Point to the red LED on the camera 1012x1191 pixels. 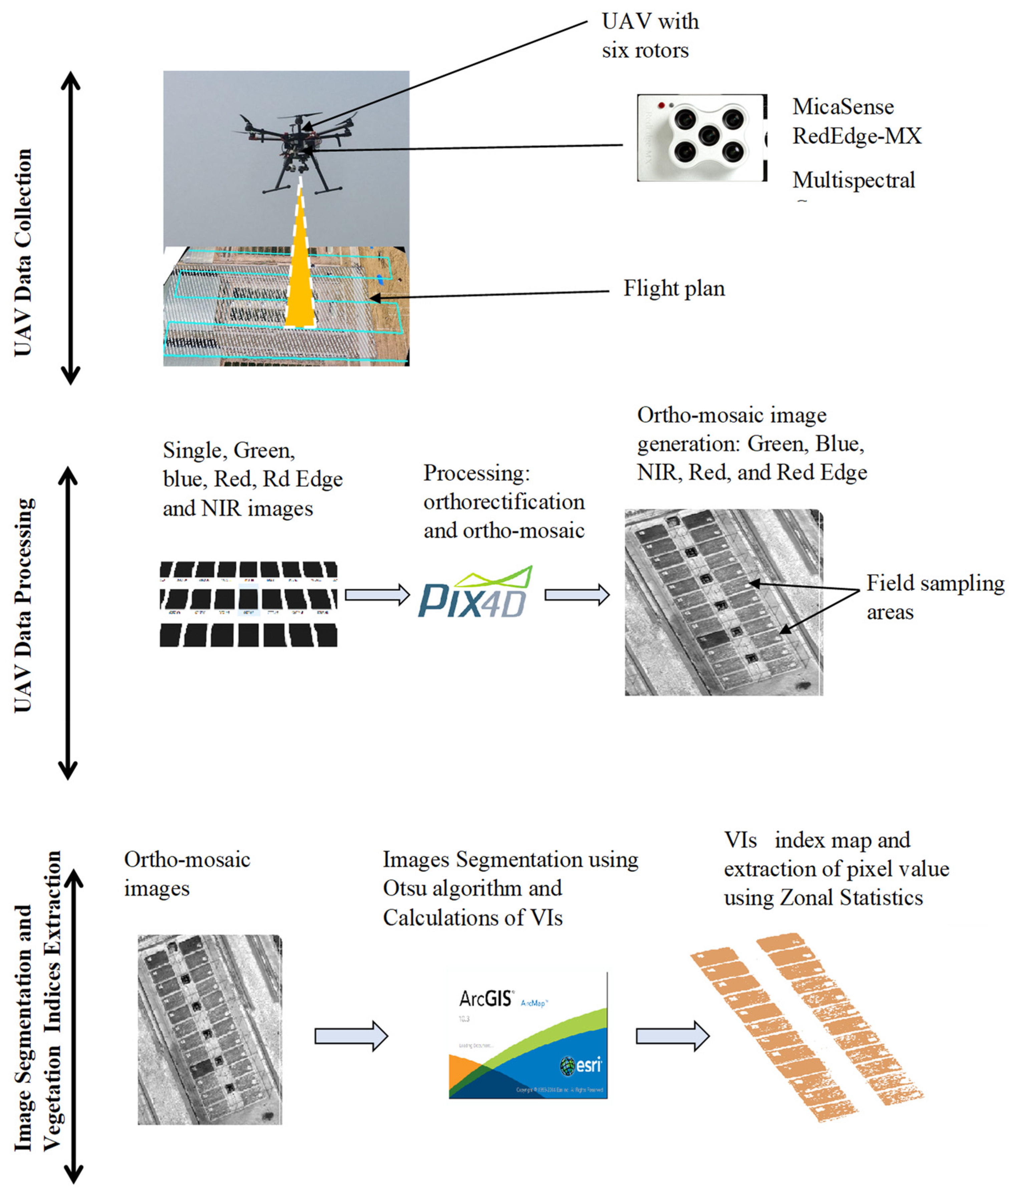tap(661, 105)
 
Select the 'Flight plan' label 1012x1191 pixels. tap(674, 288)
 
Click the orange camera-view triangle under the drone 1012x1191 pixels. tap(300, 281)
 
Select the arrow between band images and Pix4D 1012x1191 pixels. tap(377, 594)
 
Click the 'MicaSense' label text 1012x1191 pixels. tap(843, 107)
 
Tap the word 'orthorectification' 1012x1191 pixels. tap(504, 502)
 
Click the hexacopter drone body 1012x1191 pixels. tap(297, 137)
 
